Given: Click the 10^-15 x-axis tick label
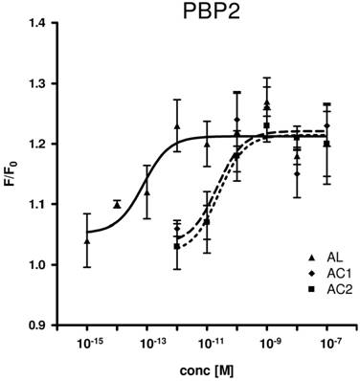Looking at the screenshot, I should click(88, 344).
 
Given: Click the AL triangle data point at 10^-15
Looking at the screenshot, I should click(88, 240).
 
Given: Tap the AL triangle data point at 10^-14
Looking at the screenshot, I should click(118, 204).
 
